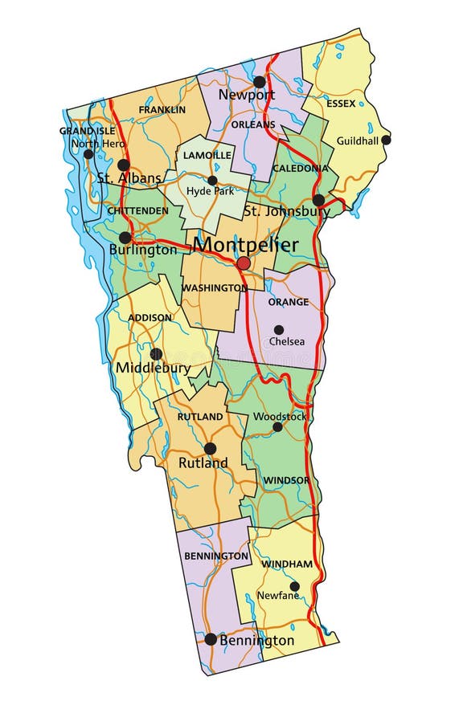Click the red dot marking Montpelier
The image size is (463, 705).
tap(244, 263)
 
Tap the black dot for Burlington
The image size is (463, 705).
tap(125, 238)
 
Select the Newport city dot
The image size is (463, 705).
tap(259, 82)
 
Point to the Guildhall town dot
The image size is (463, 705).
tap(386, 140)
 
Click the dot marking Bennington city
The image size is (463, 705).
tap(211, 639)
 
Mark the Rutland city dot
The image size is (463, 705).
tap(210, 448)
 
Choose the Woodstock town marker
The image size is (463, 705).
tap(277, 427)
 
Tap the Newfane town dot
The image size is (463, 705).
tap(295, 586)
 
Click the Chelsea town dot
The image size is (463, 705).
tap(279, 329)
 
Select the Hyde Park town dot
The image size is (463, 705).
tap(212, 181)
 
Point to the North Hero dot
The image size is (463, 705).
tap(88, 154)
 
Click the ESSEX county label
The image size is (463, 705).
tap(341, 104)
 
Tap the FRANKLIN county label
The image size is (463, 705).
tap(162, 109)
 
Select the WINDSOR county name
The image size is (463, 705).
tap(285, 480)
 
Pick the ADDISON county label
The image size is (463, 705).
tap(150, 317)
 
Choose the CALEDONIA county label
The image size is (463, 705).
tap(300, 169)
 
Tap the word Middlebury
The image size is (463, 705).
tap(153, 369)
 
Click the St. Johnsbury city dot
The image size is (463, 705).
tap(318, 200)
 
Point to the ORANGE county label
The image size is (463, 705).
tap(288, 302)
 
